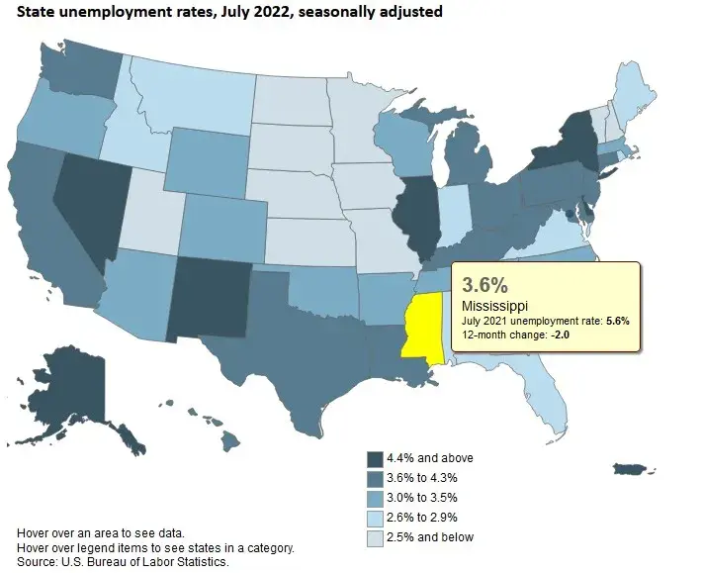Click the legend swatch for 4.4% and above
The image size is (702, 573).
pos(375,458)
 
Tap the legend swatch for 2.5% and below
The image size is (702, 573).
pos(375,537)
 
